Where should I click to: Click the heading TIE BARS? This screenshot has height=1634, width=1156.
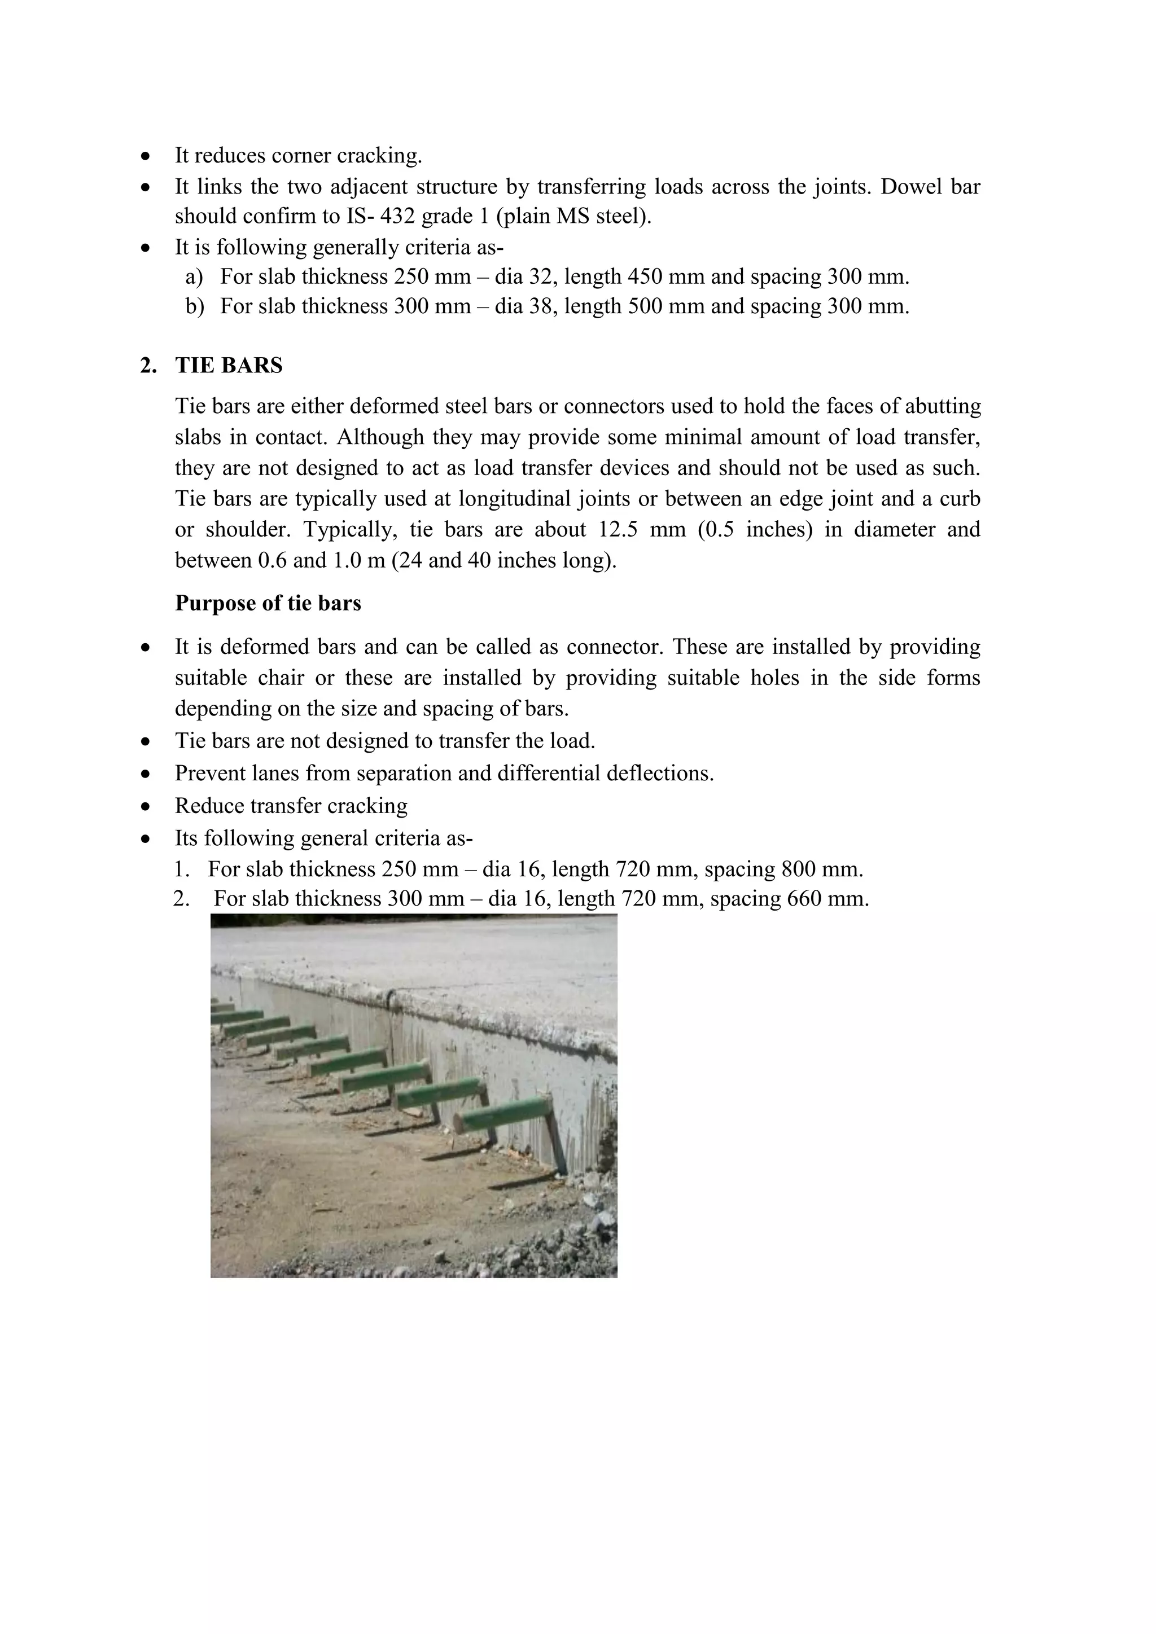[x=229, y=366]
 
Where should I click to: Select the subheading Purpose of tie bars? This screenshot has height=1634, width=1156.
[x=268, y=604]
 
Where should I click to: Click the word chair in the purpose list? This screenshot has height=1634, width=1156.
[x=281, y=678]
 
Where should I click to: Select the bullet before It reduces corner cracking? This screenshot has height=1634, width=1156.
[x=146, y=156]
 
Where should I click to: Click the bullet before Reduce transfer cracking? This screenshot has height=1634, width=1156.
[x=146, y=806]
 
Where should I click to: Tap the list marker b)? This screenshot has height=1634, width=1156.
[x=194, y=307]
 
